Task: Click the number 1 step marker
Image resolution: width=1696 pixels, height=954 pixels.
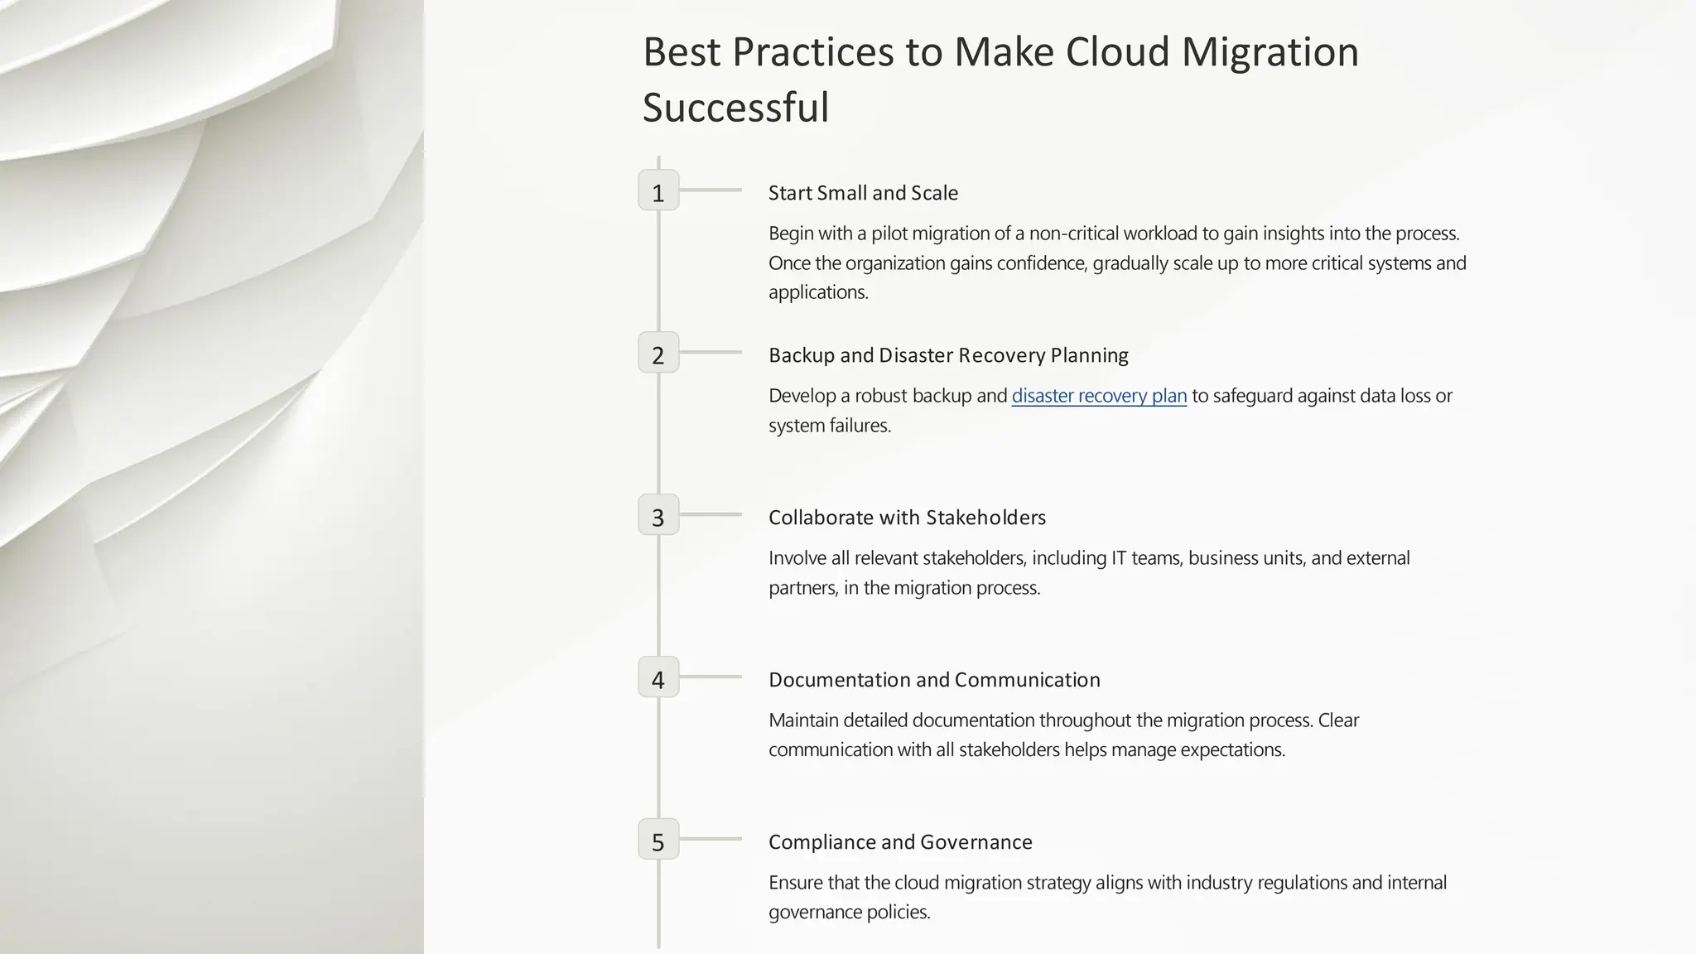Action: [x=658, y=190]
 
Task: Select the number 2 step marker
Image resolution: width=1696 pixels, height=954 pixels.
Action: [x=658, y=353]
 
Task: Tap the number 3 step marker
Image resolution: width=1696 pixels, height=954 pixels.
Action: [x=658, y=515]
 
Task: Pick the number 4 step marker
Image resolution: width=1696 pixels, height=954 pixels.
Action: [x=658, y=677]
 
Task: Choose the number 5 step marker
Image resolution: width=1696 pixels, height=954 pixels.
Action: [x=658, y=840]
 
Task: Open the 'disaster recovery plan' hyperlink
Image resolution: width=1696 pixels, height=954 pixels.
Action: [x=1099, y=396]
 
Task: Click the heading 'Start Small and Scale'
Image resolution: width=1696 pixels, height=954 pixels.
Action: [x=863, y=193]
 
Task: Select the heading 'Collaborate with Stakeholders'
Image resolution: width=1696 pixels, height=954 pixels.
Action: [x=907, y=518]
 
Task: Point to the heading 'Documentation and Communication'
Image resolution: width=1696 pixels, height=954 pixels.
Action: [x=934, y=680]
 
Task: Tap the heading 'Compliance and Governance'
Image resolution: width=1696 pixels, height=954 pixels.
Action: [x=900, y=842]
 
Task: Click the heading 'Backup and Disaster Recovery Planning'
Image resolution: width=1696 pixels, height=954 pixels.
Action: [x=948, y=355]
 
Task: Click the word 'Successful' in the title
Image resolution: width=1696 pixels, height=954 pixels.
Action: [x=735, y=108]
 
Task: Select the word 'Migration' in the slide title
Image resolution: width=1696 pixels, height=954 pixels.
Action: [x=1270, y=52]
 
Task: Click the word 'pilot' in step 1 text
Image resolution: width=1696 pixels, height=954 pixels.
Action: [x=889, y=234]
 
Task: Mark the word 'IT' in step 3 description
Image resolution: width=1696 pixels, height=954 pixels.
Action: [x=1119, y=558]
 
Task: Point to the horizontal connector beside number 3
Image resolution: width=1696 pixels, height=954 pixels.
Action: [x=711, y=514]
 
